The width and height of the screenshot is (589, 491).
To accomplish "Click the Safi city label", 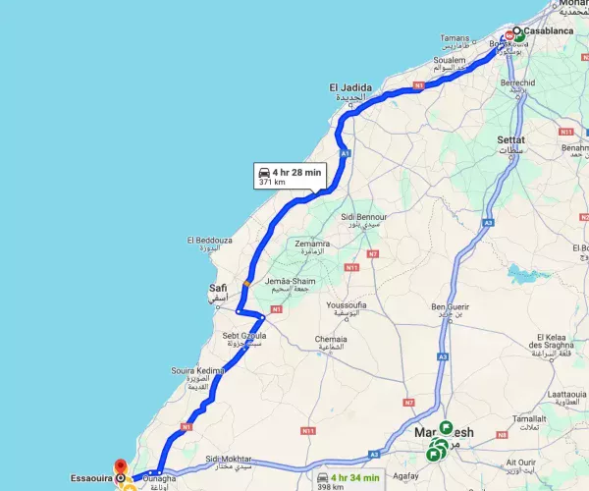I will click(x=218, y=288).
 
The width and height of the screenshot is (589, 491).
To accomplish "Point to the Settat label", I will click(x=511, y=140).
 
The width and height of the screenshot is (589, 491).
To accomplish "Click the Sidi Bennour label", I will click(x=360, y=215).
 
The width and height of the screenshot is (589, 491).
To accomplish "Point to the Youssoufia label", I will click(x=350, y=303).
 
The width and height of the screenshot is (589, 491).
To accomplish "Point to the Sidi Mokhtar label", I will click(x=229, y=460).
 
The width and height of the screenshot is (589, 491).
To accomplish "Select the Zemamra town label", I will click(x=312, y=244).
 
